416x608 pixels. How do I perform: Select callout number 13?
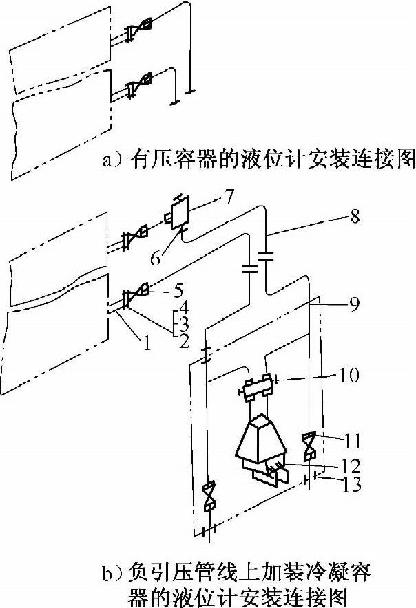tap(353, 486)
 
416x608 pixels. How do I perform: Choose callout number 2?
tap(183, 339)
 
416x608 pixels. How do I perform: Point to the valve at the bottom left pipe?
tap(209, 497)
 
